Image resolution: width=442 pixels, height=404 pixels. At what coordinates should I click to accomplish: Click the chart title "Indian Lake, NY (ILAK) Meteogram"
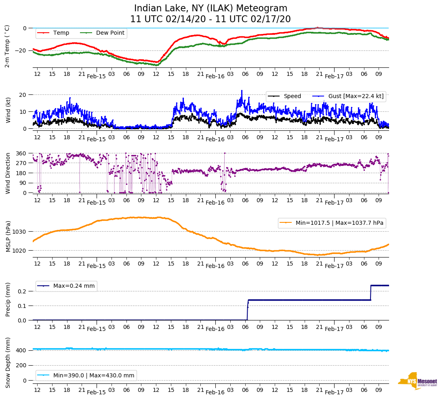(210, 8)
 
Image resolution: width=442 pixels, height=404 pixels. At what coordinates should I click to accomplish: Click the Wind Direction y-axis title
(8, 173)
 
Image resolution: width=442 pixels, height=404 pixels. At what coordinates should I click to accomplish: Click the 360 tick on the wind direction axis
(21, 153)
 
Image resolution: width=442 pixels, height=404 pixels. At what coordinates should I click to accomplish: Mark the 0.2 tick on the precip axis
(23, 291)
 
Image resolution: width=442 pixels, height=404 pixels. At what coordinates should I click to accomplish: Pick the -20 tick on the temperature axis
(21, 50)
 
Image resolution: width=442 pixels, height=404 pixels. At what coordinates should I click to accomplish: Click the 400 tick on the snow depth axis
(21, 350)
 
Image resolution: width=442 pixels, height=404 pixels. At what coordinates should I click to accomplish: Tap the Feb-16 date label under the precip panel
(215, 329)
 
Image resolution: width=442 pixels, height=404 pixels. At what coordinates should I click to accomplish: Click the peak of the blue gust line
(242, 91)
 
